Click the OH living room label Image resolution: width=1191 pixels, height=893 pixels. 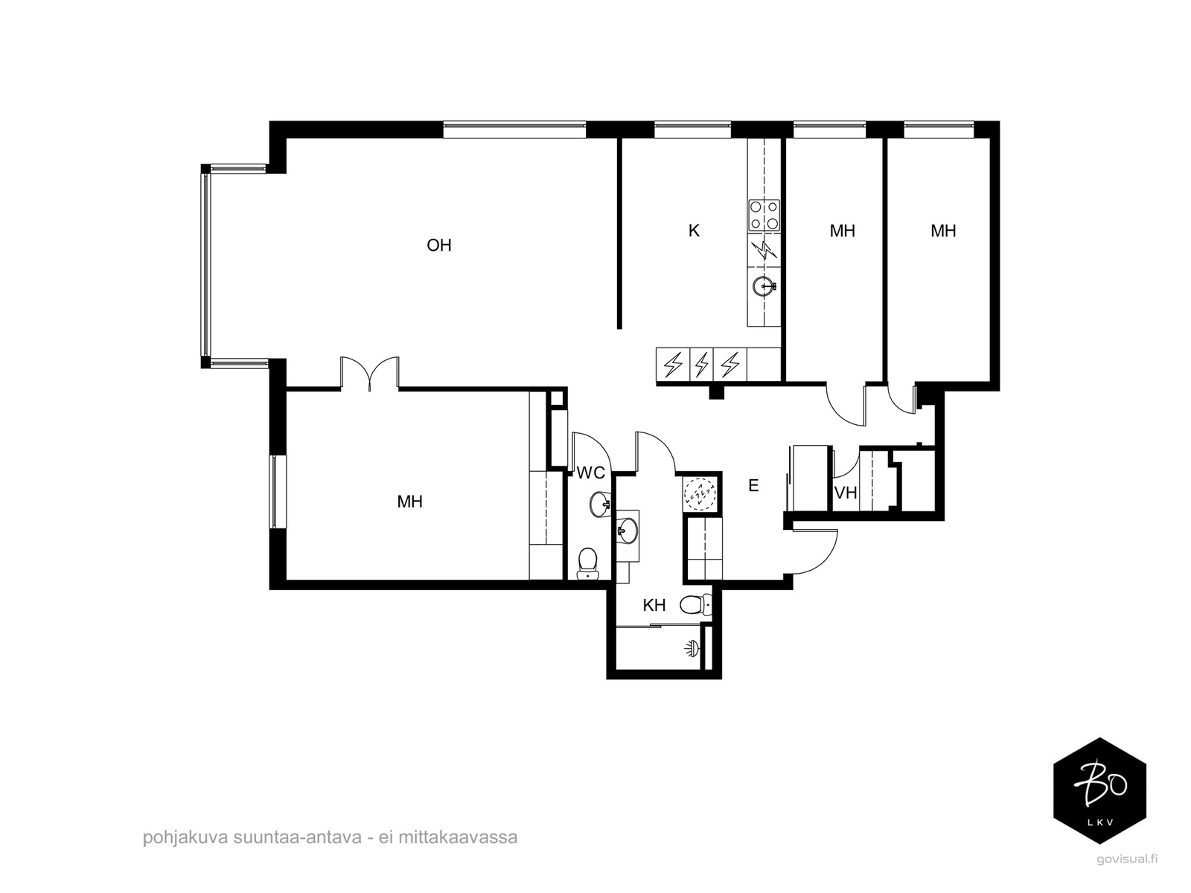(x=439, y=246)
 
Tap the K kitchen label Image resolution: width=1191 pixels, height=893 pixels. (x=694, y=231)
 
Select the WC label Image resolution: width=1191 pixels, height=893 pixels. (x=590, y=473)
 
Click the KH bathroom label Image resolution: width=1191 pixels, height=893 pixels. (x=654, y=606)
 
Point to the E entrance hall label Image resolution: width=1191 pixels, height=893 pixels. (x=753, y=486)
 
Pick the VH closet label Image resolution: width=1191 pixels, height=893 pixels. (x=846, y=493)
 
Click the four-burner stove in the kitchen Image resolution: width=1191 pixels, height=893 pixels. (x=764, y=215)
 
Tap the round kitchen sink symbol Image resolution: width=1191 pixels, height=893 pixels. (x=764, y=286)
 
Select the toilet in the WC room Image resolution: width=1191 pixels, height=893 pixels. (x=588, y=563)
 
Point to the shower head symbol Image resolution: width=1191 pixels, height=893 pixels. (x=692, y=649)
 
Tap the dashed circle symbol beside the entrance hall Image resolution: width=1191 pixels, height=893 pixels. (x=700, y=493)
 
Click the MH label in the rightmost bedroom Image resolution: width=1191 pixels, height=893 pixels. (x=943, y=231)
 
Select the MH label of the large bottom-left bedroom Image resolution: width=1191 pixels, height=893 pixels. (x=409, y=502)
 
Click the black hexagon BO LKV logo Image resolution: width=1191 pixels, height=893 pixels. (x=1100, y=790)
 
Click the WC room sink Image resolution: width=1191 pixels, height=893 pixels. (x=600, y=505)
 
